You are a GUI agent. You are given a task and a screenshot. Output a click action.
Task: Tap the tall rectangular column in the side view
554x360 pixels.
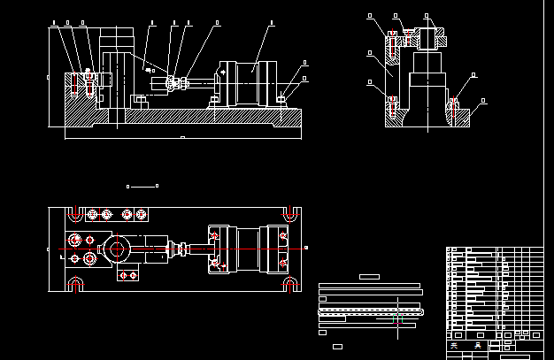click(118, 75)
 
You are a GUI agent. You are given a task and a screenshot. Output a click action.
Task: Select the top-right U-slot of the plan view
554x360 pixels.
click(289, 213)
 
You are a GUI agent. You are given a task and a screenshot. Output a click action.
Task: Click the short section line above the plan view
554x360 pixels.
click(142, 186)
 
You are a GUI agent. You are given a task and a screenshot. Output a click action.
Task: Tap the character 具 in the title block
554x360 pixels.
click(479, 346)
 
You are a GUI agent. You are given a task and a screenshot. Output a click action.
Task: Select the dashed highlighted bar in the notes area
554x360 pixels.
click(372, 311)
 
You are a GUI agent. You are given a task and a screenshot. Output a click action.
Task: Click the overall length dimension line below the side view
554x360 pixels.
click(182, 138)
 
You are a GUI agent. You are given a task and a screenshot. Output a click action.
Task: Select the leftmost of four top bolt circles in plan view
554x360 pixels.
click(92, 214)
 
